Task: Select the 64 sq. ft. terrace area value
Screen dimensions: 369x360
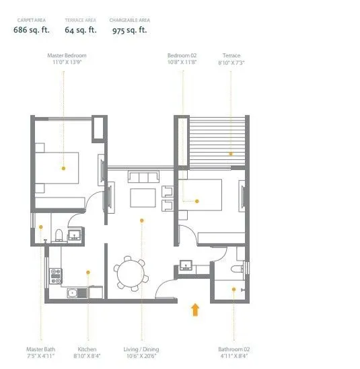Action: click(81, 30)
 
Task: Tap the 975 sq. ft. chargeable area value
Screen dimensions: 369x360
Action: click(130, 30)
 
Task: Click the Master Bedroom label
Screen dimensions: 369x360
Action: click(67, 56)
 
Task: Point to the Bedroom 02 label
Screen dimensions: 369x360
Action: click(182, 56)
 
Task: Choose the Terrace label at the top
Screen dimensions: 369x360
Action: click(231, 56)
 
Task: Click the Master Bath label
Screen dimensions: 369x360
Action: click(40, 350)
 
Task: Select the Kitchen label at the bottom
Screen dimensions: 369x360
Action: click(87, 350)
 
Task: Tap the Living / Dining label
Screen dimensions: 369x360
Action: click(141, 350)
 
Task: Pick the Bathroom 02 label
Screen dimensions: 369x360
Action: click(234, 350)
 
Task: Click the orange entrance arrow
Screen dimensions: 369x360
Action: click(195, 309)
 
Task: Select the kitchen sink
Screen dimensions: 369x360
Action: click(72, 293)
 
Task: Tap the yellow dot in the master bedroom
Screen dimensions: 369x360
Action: click(63, 168)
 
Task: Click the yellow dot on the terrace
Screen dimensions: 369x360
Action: click(231, 153)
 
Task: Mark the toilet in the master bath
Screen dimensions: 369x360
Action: click(59, 235)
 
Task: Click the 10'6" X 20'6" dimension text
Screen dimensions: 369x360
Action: click(141, 356)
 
